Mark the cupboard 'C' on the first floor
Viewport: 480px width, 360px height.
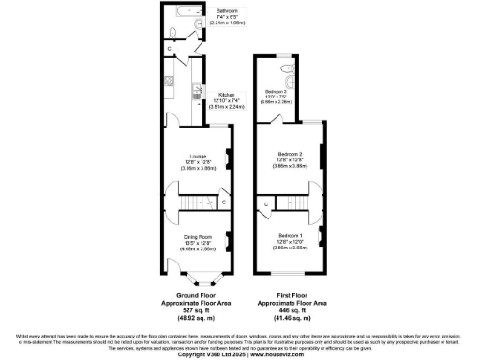(x=267, y=203)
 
